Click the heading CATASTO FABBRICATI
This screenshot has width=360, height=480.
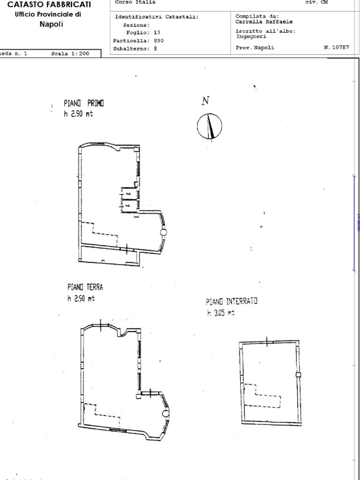pos(49,5)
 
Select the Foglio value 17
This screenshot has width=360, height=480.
pos(157,33)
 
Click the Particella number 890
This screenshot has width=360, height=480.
pos(158,40)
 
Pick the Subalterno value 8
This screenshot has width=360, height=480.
pos(155,48)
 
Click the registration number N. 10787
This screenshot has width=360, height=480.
pos(336,47)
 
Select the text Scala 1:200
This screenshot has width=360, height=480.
pos(70,53)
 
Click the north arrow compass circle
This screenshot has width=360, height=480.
pos(210,127)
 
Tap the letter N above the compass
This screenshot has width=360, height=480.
pos(205,100)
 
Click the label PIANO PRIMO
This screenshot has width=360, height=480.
pos(84,103)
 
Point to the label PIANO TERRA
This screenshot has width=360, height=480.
pos(85,287)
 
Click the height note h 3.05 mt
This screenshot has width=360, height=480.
pos(220,313)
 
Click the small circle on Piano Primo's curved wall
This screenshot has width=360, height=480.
pos(163,232)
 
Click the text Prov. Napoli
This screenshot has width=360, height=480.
pos(255,47)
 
